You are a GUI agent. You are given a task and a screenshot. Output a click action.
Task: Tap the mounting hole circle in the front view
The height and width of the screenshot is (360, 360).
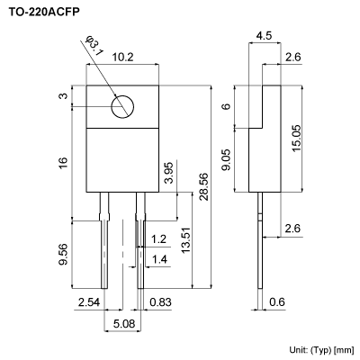tap(121, 107)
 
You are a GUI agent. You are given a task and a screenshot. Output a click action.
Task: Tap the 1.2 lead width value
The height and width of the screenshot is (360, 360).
tap(158, 239)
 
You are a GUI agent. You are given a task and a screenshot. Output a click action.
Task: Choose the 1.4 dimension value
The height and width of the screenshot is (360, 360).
tap(158, 259)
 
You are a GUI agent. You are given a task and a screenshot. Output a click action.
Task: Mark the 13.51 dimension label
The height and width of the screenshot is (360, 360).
tap(184, 241)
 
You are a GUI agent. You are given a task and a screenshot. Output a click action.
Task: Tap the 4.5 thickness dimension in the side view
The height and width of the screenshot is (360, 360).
tap(264, 36)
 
